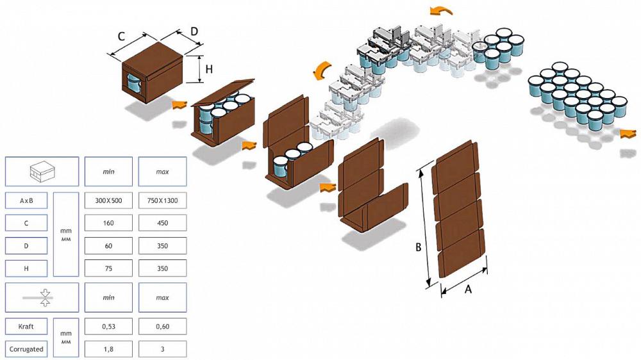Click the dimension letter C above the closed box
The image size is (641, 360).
coord(121,37)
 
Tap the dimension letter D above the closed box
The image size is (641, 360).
coord(194,31)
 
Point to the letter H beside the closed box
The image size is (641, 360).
coord(209,69)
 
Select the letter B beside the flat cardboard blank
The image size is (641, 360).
coord(418,247)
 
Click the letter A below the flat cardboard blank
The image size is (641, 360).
coord(468,290)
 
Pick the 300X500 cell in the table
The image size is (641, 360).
coord(108,200)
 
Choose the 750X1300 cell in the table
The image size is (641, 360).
coord(162,200)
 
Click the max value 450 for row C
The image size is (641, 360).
coord(162,223)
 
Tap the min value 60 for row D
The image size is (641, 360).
coord(108,246)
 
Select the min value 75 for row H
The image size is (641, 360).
coord(108,268)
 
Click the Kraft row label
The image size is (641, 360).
coord(26,327)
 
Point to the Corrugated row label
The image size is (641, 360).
coord(26,349)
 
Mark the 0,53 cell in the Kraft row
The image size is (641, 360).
coord(108,327)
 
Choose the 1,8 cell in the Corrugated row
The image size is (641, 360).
coord(108,349)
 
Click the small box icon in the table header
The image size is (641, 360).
coord(42,171)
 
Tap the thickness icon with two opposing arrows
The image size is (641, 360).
coord(46,298)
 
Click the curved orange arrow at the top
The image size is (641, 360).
coord(441,11)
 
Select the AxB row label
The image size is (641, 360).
coord(26,200)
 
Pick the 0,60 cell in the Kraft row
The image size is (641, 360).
coord(162,327)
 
